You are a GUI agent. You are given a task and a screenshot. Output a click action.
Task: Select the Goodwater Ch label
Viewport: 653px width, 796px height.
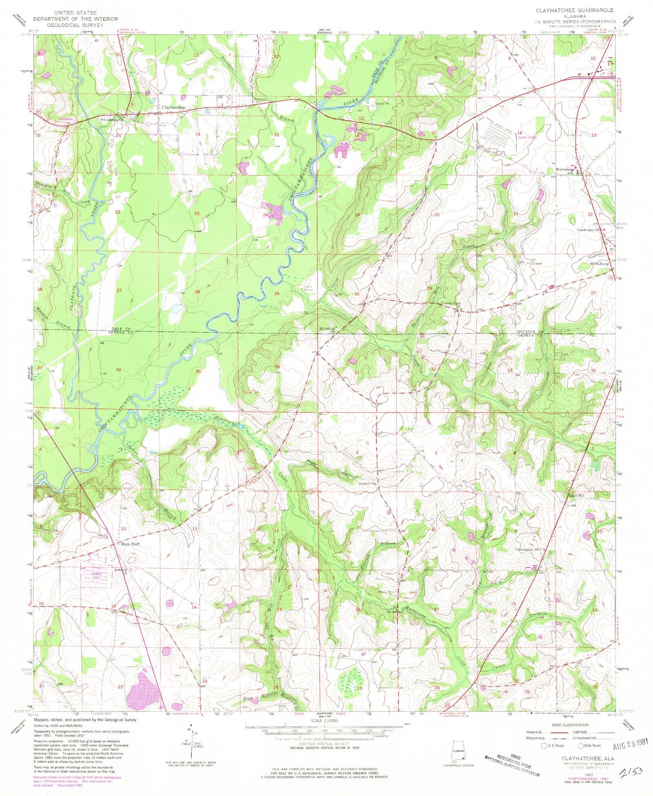[x=589, y=230]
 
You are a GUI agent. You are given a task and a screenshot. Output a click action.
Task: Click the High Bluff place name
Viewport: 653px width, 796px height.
[x=130, y=544]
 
